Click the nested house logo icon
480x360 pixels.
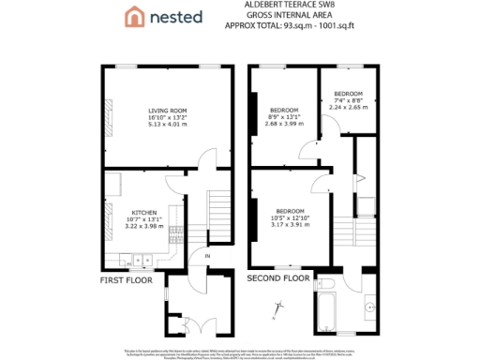click(135, 16)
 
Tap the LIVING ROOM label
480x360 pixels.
click(168, 112)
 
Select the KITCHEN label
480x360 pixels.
click(143, 212)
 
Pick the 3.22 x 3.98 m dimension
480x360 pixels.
click(143, 225)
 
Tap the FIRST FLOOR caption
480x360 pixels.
click(125, 278)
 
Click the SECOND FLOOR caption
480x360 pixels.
click(277, 278)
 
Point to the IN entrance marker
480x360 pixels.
click(207, 255)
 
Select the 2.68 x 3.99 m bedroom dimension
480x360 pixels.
click(285, 123)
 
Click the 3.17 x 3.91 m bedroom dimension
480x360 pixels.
click(291, 223)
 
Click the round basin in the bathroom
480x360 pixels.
click(372, 306)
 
